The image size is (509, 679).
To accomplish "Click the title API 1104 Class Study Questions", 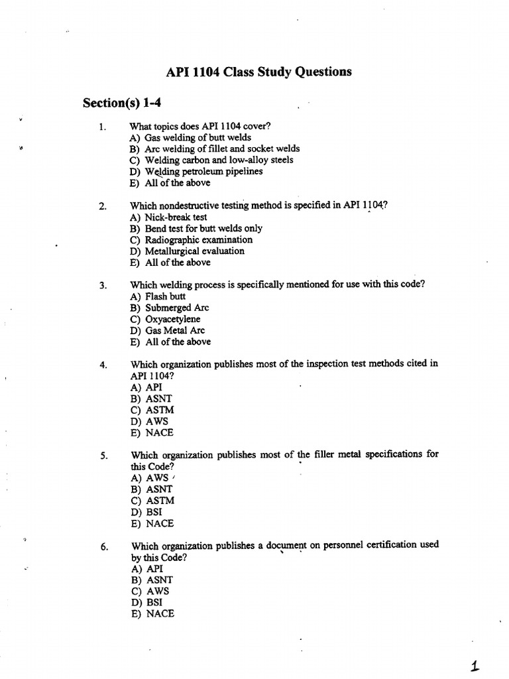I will [258, 72].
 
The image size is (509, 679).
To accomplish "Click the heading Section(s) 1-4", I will [122, 103].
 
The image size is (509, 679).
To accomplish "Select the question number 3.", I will [103, 286].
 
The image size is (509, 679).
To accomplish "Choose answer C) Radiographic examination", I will [191, 239].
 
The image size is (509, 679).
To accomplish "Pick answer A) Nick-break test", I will [168, 217].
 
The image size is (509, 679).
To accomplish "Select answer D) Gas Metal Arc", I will [168, 330].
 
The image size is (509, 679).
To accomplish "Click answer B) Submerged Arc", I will [170, 308].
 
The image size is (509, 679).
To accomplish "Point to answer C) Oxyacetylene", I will [165, 319].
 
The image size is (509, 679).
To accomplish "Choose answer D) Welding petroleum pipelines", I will [196, 171].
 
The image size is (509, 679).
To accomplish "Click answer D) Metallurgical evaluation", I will [187, 251].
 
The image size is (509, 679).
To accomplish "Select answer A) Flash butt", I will [158, 296].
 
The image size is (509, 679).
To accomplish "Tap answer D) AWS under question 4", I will [149, 421].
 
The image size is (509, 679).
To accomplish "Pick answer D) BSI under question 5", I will [146, 512].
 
